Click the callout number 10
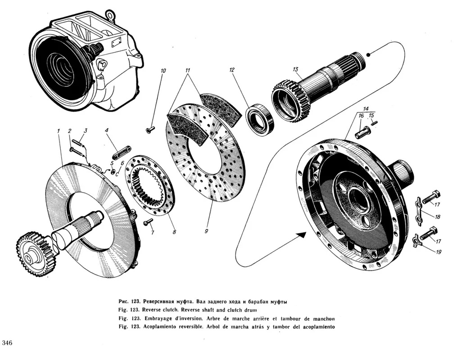[163, 71]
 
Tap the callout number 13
[295, 69]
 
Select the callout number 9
[206, 231]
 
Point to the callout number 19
[438, 252]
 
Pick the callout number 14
[366, 109]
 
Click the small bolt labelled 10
[150, 130]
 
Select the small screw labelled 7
[146, 223]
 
